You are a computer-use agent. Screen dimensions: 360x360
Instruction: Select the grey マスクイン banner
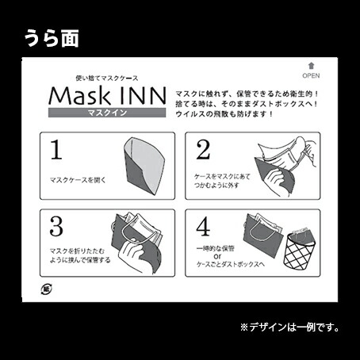[107, 113]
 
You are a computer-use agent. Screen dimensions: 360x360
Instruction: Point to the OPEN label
[311, 78]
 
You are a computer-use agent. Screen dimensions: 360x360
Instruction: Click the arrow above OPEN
[311, 68]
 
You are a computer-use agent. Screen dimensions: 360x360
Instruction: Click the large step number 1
[56, 150]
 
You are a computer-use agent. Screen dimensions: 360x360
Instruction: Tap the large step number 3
[56, 226]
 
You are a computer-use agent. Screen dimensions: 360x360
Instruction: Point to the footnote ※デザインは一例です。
[289, 326]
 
